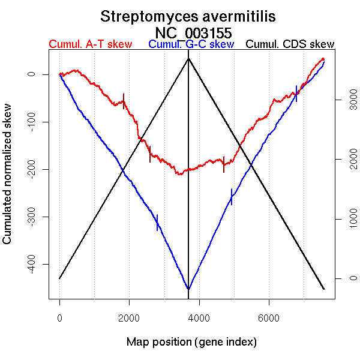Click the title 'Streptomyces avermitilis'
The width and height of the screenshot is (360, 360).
point(188,16)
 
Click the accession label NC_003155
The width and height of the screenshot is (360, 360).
point(193,32)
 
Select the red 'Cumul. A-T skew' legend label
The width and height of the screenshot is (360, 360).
point(90,44)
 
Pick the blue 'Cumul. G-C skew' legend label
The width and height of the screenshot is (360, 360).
point(191,44)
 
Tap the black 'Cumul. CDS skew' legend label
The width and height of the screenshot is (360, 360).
point(290,44)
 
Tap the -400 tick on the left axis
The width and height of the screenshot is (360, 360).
point(31,264)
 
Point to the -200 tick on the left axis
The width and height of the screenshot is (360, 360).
point(31,169)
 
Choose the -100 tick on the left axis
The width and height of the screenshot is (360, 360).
point(31,122)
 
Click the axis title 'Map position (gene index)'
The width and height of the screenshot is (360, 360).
point(191,342)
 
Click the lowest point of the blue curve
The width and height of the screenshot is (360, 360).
point(188,289)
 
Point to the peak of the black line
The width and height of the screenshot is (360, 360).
point(188,58)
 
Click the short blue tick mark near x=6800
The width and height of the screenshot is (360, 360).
point(296,94)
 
